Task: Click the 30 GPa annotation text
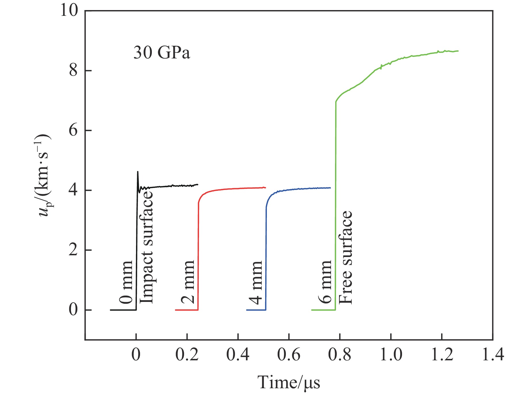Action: (162, 53)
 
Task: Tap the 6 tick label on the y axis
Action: (73, 130)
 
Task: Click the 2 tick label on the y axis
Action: (73, 250)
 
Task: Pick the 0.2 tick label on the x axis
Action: (187, 355)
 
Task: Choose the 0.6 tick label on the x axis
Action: (289, 355)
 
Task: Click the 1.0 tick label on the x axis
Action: (391, 355)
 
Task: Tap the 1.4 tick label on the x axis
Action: (493, 355)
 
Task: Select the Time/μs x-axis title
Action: (289, 382)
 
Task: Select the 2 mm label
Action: (188, 282)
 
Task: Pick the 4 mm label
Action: (256, 283)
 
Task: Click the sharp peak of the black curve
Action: (138, 172)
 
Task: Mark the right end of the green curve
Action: (458, 51)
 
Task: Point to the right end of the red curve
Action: (265, 188)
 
